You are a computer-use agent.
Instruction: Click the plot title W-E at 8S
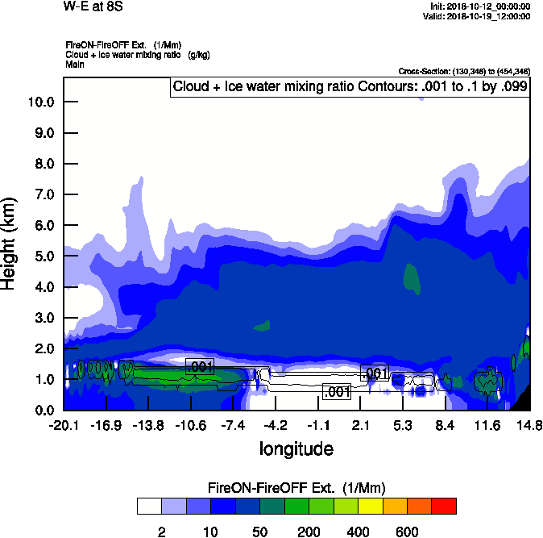tap(92, 7)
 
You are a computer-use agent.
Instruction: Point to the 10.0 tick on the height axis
tap(42, 102)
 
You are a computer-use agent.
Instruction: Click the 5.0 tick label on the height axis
tap(42, 256)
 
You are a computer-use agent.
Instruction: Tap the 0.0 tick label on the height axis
tap(42, 410)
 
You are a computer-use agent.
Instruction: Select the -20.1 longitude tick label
tap(64, 425)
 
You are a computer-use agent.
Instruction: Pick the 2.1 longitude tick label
tap(361, 425)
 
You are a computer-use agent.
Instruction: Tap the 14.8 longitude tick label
tap(529, 425)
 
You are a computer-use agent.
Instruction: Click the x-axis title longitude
tap(296, 448)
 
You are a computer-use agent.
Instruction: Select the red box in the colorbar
tap(444, 506)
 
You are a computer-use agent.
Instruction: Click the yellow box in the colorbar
tap(371, 506)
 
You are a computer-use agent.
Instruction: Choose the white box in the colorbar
tap(149, 506)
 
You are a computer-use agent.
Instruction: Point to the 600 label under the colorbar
tap(406, 532)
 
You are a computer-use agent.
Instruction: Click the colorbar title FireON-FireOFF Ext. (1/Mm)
tap(297, 488)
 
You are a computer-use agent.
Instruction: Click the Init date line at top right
tap(481, 6)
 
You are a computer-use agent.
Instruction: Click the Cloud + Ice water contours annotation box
tap(349, 86)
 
